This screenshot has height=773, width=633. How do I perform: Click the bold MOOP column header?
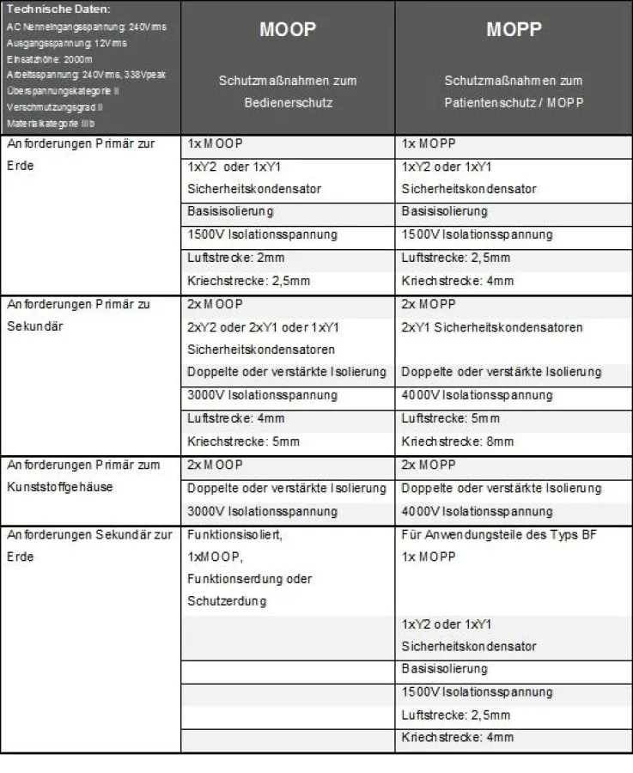[288, 30]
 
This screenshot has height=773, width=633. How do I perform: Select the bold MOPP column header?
[513, 30]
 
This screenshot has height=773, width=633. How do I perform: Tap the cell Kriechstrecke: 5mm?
[236, 441]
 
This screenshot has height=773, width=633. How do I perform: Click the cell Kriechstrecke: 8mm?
[457, 441]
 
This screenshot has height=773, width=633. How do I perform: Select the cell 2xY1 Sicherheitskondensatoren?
[491, 327]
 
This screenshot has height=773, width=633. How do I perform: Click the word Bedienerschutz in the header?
[287, 102]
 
